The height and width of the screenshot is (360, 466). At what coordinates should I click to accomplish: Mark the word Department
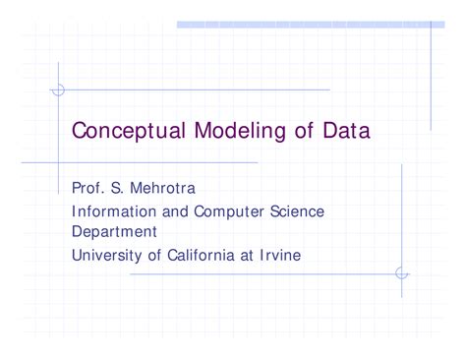click(114, 233)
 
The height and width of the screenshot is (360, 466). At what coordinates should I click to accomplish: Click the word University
click(109, 255)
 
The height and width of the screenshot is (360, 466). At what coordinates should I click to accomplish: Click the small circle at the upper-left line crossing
click(57, 90)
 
